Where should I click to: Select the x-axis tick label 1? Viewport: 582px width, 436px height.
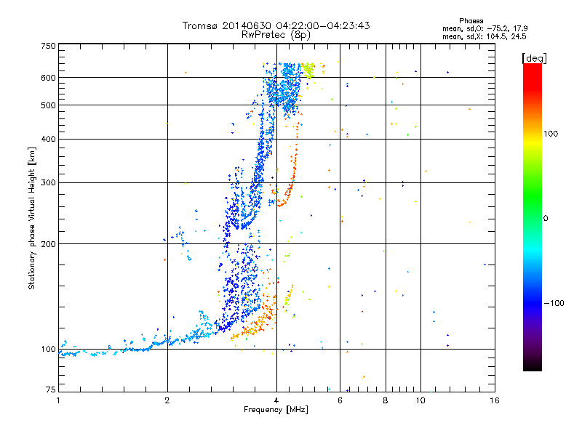pos(58,400)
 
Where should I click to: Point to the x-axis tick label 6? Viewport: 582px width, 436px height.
pos(340,400)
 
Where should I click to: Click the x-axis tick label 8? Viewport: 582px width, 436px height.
pos(385,400)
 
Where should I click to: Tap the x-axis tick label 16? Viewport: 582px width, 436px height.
pos(494,400)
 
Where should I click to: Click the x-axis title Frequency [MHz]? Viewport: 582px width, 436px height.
pos(276,411)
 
